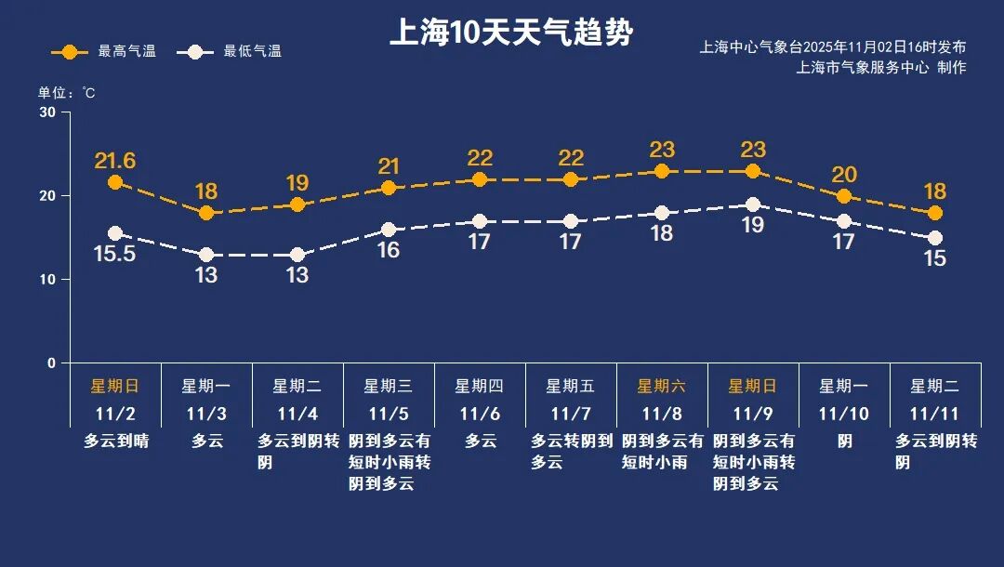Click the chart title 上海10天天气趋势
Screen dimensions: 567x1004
tap(510, 34)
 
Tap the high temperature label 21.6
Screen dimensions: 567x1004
tap(115, 161)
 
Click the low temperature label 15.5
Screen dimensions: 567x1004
tap(115, 254)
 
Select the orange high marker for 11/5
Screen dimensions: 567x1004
tap(389, 188)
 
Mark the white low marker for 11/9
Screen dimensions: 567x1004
tap(753, 204)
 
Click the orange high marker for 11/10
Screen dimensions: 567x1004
tap(844, 196)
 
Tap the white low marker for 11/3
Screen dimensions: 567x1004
tap(206, 255)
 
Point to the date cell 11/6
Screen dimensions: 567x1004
tap(480, 414)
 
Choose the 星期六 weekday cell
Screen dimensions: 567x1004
tap(662, 386)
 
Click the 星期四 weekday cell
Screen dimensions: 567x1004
tap(480, 386)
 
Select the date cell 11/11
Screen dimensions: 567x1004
tap(934, 414)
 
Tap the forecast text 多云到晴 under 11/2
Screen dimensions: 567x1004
tap(116, 442)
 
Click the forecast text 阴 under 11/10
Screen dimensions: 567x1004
tap(844, 442)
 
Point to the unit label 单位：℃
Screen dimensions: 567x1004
tap(66, 93)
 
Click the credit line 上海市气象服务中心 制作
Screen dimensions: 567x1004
tap(881, 68)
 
